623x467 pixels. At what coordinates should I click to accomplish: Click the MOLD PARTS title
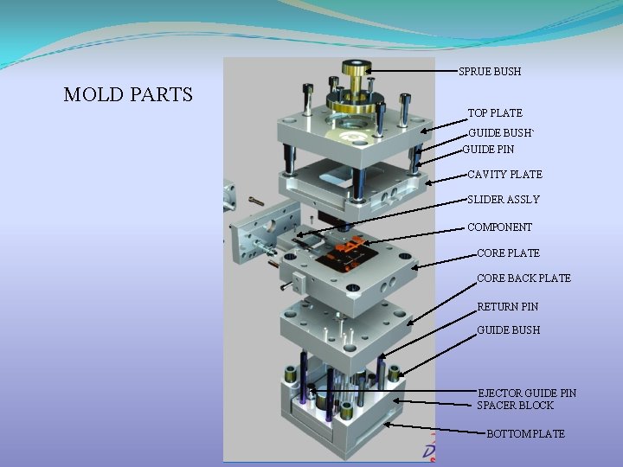(128, 94)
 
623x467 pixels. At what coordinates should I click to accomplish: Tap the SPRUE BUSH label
(490, 71)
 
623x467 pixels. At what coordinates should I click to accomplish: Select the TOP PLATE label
(495, 113)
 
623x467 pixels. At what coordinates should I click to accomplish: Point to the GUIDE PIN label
(488, 150)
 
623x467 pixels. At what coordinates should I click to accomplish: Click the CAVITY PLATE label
(504, 175)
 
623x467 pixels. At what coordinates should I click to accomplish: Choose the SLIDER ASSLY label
(503, 200)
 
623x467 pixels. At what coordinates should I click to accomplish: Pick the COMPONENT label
(499, 227)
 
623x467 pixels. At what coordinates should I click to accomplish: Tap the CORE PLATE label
(508, 253)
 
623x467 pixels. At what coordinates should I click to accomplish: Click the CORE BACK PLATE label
(523, 278)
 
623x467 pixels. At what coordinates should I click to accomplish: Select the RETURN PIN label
(507, 307)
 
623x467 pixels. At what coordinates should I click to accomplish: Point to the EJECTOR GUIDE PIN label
(527, 393)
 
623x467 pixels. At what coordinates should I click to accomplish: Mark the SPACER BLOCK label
(515, 406)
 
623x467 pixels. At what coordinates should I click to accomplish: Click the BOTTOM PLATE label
(525, 434)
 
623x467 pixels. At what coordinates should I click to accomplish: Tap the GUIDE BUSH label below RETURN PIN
(508, 330)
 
